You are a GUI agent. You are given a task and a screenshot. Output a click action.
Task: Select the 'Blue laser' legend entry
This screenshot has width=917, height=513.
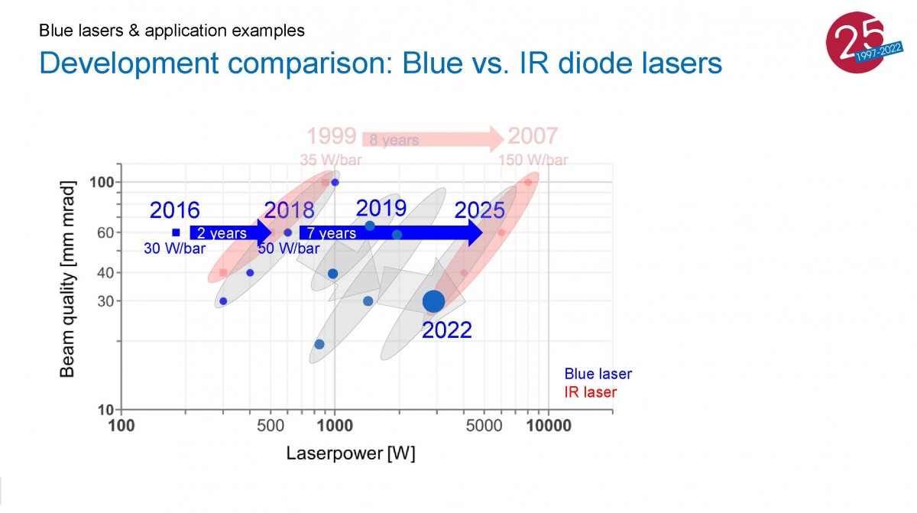pyautogui.click(x=598, y=373)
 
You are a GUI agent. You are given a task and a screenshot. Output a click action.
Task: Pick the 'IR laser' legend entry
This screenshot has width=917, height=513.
pyautogui.click(x=590, y=391)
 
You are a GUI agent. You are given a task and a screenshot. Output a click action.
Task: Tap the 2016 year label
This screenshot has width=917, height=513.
pyautogui.click(x=174, y=210)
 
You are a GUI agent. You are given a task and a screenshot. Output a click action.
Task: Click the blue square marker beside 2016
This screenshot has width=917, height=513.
pyautogui.click(x=176, y=232)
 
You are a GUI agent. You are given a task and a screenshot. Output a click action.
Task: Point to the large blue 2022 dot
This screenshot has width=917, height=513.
pyautogui.click(x=433, y=301)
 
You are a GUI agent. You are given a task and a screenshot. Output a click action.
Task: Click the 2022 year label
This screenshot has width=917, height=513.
pyautogui.click(x=446, y=330)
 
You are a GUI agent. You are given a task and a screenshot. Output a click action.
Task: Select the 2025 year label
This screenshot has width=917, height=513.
pyautogui.click(x=479, y=210)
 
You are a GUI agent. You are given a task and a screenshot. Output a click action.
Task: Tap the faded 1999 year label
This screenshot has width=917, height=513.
pyautogui.click(x=332, y=135)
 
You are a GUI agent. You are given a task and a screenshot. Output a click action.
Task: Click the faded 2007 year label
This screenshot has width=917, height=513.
pyautogui.click(x=533, y=135)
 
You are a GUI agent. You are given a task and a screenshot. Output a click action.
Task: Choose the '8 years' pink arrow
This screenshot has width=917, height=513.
pyautogui.click(x=433, y=140)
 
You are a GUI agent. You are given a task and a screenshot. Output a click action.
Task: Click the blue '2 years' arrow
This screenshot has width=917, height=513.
pyautogui.click(x=231, y=232)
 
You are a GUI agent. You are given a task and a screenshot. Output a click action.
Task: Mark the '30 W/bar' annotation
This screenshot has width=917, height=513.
pyautogui.click(x=174, y=248)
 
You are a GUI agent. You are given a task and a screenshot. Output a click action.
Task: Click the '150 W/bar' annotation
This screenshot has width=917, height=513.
pyautogui.click(x=533, y=160)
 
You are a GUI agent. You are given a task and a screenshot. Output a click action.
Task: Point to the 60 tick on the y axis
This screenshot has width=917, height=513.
pyautogui.click(x=105, y=232)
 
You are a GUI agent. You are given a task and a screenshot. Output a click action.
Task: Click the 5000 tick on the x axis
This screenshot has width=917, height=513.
pyautogui.click(x=484, y=426)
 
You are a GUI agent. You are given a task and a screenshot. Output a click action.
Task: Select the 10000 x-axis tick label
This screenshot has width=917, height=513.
pyautogui.click(x=549, y=426)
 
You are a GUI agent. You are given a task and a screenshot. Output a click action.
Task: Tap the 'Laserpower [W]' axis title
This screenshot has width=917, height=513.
pyautogui.click(x=351, y=453)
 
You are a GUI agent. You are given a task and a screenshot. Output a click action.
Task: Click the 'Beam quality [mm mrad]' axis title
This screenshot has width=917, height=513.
pyautogui.click(x=67, y=279)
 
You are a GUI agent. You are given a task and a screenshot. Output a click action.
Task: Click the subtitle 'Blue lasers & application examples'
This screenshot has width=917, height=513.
pyautogui.click(x=172, y=31)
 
